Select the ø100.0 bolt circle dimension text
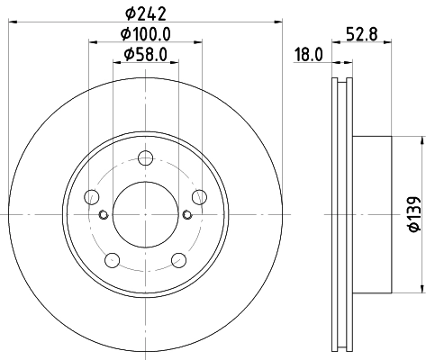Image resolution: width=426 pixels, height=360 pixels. (145, 37)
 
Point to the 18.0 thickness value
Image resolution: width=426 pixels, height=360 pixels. (308, 55)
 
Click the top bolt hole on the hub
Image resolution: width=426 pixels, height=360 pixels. (145, 159)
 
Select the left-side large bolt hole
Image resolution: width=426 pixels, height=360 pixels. (91, 198)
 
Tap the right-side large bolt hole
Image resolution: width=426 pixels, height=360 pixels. (199, 198)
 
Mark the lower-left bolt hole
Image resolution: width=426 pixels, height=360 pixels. (112, 260)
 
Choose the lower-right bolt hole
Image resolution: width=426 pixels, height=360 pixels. (178, 260)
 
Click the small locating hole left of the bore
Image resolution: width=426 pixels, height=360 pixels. (104, 214)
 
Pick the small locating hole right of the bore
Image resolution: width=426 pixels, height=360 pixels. (186, 214)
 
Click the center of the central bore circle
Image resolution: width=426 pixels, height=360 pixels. (145, 214)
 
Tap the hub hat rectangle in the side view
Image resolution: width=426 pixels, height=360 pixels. (373, 214)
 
